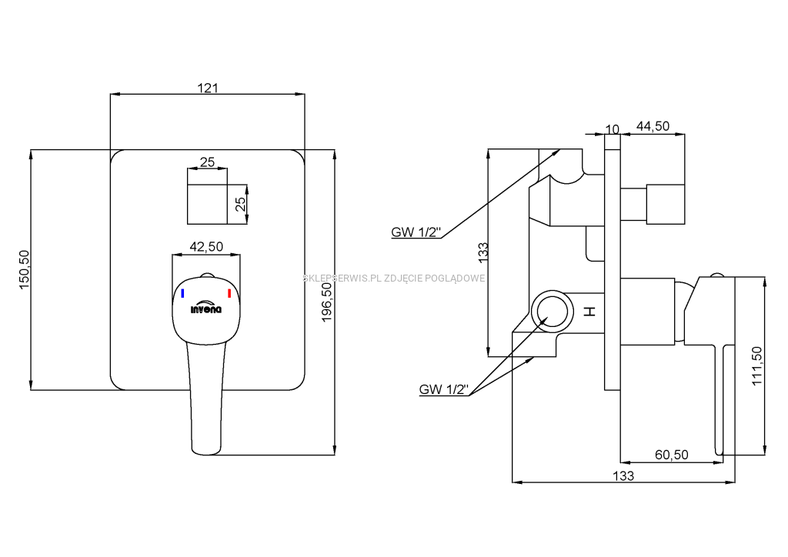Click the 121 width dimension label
coord(208,88)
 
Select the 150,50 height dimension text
coord(23,269)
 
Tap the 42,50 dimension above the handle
coord(206,247)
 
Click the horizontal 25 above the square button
coord(207,162)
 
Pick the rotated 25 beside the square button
coord(241,205)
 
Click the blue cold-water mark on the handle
coord(182,293)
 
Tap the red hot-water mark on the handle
coord(229,293)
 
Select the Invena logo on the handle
coord(206,306)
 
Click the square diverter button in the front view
coord(208,204)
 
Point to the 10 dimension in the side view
coord(613,128)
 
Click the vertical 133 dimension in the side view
coord(482,252)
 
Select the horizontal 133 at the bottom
coord(624,476)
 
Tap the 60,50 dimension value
coord(671,455)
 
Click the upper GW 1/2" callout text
coord(416,232)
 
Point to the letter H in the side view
coord(590,312)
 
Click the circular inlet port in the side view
coord(553,311)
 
